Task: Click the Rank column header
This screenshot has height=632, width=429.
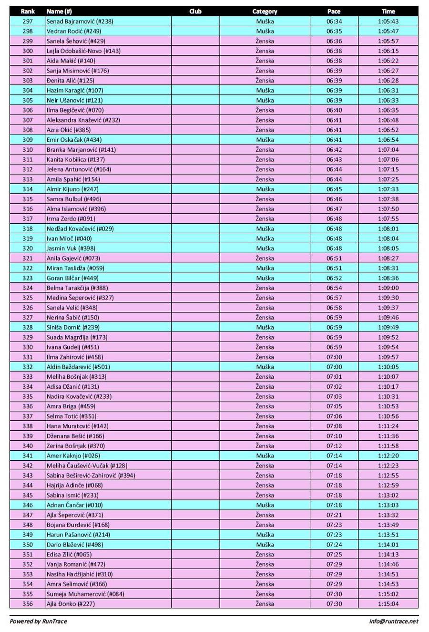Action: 28,11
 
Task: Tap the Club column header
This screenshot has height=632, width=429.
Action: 195,11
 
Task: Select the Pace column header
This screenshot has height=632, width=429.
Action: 334,11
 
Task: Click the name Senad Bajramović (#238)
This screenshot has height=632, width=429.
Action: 80,21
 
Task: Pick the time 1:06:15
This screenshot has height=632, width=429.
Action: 388,51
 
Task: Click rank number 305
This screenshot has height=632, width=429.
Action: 28,100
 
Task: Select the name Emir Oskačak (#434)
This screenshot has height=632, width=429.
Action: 74,140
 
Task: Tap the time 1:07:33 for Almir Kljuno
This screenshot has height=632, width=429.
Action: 388,189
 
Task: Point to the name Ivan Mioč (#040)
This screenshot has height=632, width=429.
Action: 69,238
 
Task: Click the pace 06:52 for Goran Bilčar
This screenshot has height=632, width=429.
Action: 334,278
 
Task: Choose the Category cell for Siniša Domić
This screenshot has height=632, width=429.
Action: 265,327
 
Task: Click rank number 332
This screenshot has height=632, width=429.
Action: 28,367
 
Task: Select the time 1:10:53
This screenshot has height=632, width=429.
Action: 388,406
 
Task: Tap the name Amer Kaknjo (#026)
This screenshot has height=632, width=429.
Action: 73,456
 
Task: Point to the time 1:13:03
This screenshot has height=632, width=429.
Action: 388,505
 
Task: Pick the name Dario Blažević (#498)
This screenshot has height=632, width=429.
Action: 75,544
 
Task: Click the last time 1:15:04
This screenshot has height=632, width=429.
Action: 388,603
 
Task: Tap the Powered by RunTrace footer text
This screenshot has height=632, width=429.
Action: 38,621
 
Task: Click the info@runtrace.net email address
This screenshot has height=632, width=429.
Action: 393,621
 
